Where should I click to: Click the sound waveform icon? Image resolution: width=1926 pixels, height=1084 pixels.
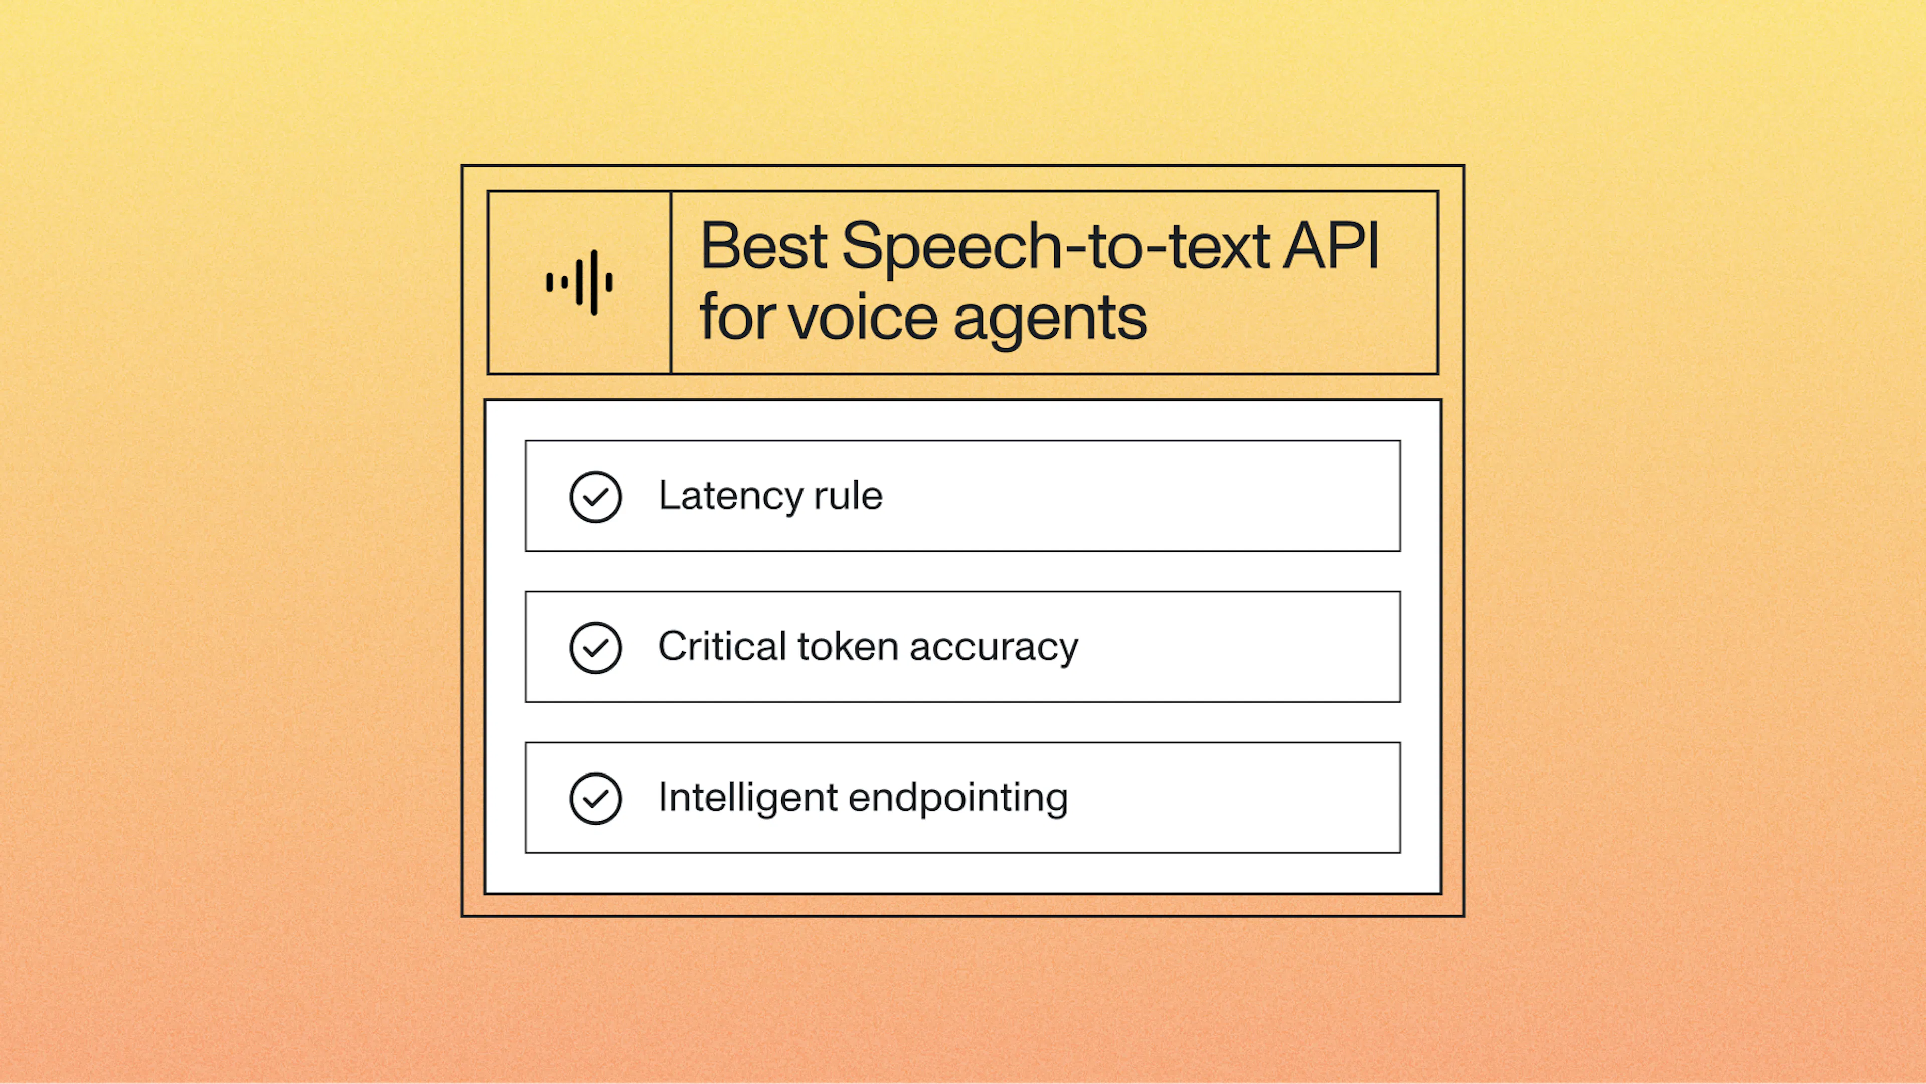[x=579, y=282]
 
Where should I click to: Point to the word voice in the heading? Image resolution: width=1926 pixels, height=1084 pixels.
[x=864, y=318]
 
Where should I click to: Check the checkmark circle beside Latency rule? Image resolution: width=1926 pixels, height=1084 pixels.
[x=595, y=497]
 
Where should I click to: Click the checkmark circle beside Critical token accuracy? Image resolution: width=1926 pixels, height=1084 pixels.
[x=595, y=648]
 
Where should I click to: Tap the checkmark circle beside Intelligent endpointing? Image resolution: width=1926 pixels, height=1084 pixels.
[x=595, y=799]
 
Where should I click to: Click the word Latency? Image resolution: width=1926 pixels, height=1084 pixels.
[x=730, y=496]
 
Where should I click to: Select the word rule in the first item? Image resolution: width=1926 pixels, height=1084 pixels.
[x=848, y=496]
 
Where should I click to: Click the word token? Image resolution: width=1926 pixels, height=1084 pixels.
[x=847, y=646]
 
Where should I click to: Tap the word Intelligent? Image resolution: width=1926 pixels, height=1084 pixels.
[x=748, y=797]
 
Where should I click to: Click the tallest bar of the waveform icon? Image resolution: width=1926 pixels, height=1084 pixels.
[x=594, y=282]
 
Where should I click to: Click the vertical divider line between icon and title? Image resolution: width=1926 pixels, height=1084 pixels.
[x=671, y=282]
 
